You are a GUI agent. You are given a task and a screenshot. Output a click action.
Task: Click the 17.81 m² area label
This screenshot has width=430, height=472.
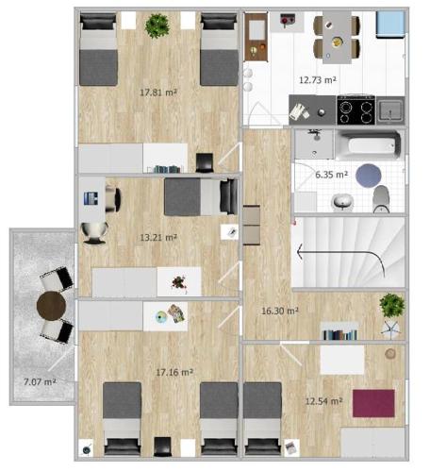pyautogui.click(x=158, y=93)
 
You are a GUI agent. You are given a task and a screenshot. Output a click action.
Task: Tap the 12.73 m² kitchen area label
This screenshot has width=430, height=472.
pyautogui.click(x=318, y=80)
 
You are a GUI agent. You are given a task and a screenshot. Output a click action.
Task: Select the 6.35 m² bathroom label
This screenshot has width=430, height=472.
pyautogui.click(x=331, y=175)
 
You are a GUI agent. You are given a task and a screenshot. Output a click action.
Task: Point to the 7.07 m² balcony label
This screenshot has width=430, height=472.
pyautogui.click(x=40, y=382)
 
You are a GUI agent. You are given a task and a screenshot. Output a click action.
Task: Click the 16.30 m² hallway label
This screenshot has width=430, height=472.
pyautogui.click(x=280, y=311)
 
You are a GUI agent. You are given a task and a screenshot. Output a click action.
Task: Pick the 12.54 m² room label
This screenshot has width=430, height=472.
pyautogui.click(x=323, y=401)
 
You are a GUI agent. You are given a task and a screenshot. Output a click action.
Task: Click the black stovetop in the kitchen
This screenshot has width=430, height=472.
pyautogui.click(x=356, y=110)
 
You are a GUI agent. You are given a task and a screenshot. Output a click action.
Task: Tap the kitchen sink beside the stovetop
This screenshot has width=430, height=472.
pyautogui.click(x=390, y=110)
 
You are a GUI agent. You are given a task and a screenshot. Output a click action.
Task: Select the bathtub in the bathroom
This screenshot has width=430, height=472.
pyautogui.click(x=368, y=145)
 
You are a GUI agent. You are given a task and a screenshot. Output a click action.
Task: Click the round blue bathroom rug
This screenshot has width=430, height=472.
pyautogui.click(x=369, y=176)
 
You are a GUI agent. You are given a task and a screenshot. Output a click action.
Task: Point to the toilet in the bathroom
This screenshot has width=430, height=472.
pyautogui.click(x=381, y=198)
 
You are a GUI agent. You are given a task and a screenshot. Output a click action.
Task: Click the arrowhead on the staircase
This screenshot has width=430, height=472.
pyautogui.click(x=300, y=252)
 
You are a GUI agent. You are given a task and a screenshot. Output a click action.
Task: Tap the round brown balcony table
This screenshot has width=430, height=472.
pyautogui.click(x=51, y=306)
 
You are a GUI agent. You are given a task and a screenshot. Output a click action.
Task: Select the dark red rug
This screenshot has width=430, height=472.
pyautogui.click(x=373, y=403)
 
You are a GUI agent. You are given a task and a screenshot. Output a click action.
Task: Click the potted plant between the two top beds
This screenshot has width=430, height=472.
pyautogui.click(x=157, y=25)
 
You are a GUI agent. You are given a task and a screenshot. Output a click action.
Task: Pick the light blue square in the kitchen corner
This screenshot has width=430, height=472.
pyautogui.click(x=390, y=25)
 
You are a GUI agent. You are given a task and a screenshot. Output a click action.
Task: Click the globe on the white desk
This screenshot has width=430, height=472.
pyautogui.click(x=161, y=317)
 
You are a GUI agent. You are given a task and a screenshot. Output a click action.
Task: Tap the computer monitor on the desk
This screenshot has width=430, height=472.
pyautogui.click(x=91, y=198)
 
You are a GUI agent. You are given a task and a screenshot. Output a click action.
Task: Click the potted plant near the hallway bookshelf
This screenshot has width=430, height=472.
pyautogui.click(x=391, y=306)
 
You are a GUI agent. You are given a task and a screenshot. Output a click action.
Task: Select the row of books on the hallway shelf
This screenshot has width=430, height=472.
pyautogui.click(x=340, y=335)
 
